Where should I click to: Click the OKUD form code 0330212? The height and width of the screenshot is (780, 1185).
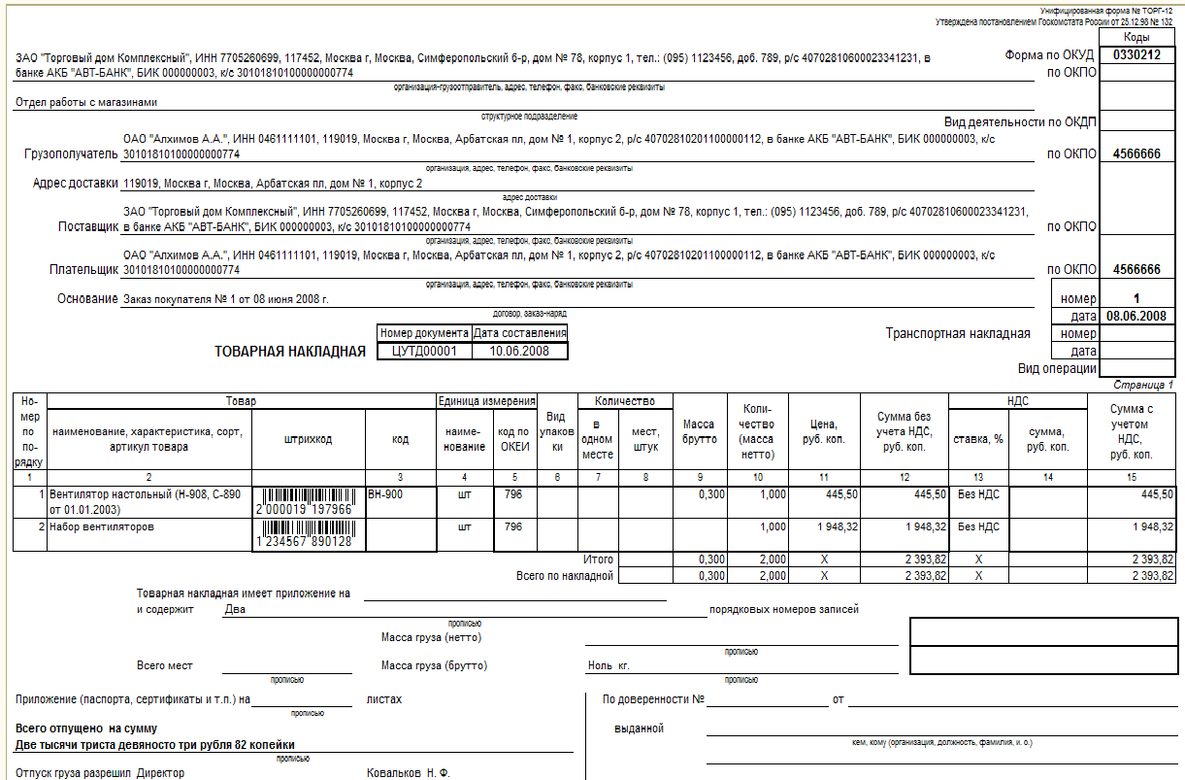(x=1136, y=54)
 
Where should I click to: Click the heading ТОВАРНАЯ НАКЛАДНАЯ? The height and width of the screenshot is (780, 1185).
(x=290, y=352)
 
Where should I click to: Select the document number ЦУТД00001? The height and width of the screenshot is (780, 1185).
(x=424, y=352)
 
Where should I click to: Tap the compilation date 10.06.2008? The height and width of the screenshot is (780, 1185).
(x=519, y=352)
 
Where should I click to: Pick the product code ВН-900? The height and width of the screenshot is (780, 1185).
(x=385, y=494)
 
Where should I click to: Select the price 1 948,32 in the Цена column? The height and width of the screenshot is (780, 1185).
(x=824, y=526)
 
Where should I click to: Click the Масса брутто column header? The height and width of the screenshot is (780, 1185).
(x=699, y=431)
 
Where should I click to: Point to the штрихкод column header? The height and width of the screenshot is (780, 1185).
(x=309, y=439)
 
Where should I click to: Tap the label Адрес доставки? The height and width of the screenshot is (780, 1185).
(x=75, y=183)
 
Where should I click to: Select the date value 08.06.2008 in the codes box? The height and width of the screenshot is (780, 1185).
(x=1136, y=316)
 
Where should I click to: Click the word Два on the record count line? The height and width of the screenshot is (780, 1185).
(x=235, y=610)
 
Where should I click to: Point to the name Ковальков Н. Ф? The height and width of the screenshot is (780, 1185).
(x=408, y=773)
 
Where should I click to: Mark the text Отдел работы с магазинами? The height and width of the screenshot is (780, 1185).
(x=86, y=101)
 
